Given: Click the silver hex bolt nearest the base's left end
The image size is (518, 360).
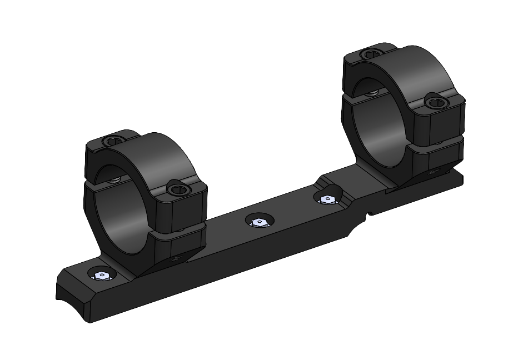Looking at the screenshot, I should (x=102, y=276).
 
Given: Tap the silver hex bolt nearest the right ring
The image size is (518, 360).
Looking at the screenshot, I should (x=328, y=198).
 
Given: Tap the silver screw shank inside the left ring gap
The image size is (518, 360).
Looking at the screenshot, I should (x=115, y=179).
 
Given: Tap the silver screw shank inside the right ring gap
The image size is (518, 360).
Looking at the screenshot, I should (x=372, y=92).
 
